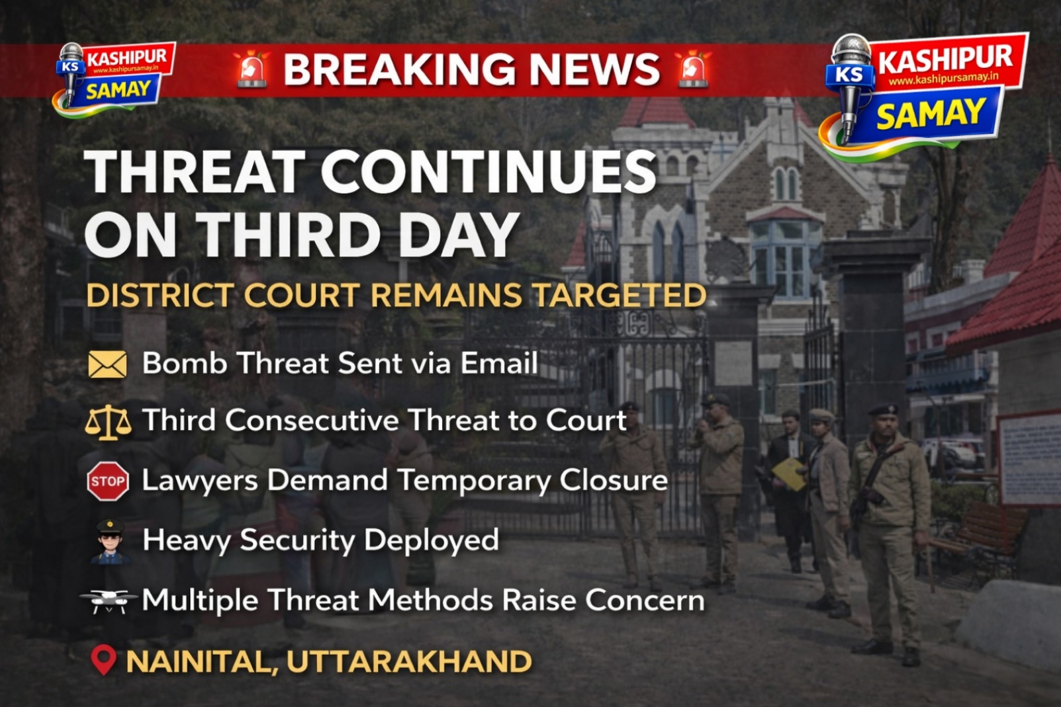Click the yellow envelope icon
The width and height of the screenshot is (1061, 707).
(107, 364)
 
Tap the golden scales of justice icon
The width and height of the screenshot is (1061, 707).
(109, 423)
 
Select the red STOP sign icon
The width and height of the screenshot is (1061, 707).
(108, 481)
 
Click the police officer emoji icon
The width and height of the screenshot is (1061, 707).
(110, 542)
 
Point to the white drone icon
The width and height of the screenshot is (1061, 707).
(109, 600)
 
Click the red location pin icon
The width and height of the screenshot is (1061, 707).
(104, 659)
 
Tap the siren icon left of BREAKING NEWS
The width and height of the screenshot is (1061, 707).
(252, 69)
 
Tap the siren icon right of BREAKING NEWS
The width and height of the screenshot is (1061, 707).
(692, 69)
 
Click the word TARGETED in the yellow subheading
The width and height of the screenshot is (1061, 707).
(620, 295)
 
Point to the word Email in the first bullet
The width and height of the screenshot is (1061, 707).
(499, 364)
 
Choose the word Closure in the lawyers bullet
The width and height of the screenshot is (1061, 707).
(614, 480)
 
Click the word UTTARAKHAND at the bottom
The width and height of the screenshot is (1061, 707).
(409, 661)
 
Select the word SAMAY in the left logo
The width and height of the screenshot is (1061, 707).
(118, 89)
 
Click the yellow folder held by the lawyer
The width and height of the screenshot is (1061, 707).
(789, 474)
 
